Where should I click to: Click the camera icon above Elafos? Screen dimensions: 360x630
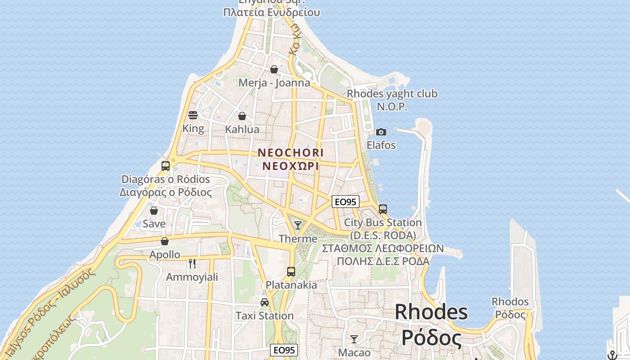(x=381, y=132)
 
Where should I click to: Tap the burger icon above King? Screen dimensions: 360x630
(x=193, y=115)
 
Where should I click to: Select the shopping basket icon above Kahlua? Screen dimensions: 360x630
(x=242, y=117)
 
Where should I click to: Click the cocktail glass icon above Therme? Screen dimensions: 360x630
(x=298, y=225)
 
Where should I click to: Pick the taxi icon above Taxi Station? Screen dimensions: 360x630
(x=265, y=302)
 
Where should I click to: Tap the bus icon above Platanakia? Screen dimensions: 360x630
(x=291, y=272)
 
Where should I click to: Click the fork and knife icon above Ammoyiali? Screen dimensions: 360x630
(x=192, y=264)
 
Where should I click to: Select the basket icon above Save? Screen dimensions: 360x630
(x=154, y=211)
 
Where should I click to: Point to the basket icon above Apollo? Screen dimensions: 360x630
(x=165, y=242)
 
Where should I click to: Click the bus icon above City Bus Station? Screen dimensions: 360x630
(x=383, y=209)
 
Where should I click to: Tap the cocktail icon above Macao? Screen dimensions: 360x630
(x=354, y=339)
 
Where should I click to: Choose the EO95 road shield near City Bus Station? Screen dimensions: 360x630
(x=346, y=202)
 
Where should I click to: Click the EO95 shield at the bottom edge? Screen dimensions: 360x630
(x=284, y=350)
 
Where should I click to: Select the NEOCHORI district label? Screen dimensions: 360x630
(x=291, y=153)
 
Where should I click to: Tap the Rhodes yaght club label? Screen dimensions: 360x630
(x=392, y=94)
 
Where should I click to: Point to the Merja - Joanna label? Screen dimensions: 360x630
(x=274, y=83)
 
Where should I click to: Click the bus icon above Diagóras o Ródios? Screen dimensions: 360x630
(x=166, y=166)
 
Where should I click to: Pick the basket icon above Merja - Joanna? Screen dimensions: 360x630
(x=274, y=69)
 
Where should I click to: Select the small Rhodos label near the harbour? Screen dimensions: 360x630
(x=510, y=301)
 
